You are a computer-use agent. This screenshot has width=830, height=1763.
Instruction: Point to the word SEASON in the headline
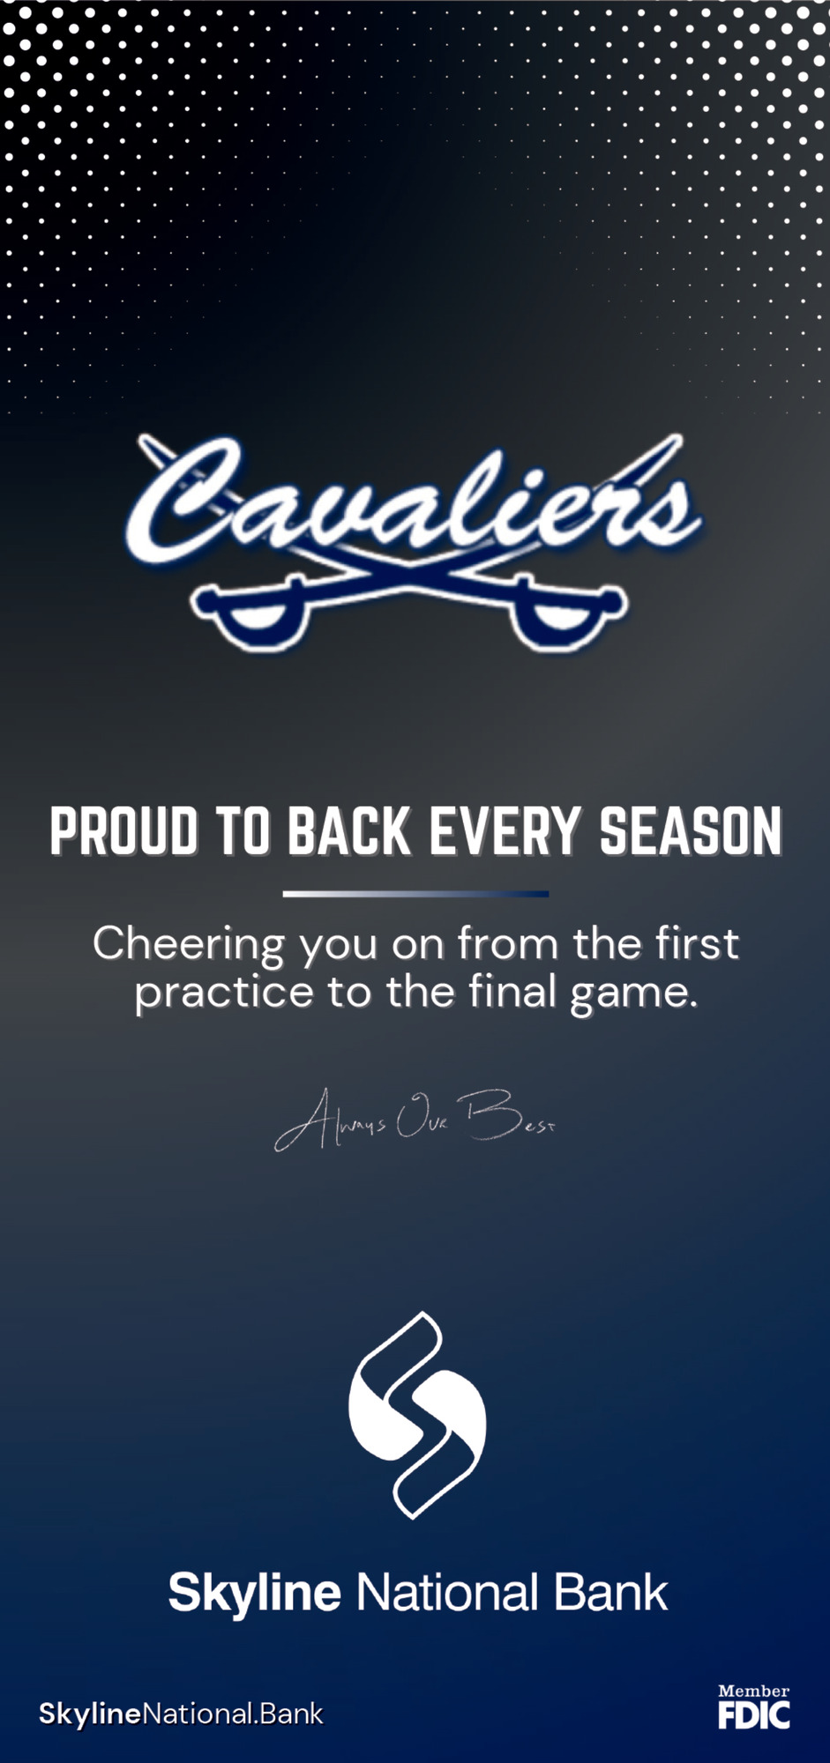pyautogui.click(x=691, y=831)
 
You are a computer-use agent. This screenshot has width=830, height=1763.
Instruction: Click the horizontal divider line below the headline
pyautogui.click(x=415, y=894)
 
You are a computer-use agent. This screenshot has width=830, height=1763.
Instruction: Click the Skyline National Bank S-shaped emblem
pyautogui.click(x=416, y=1414)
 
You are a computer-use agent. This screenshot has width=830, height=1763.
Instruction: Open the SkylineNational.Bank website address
pyautogui.click(x=181, y=1715)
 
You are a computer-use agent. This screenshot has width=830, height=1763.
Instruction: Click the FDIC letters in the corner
pyautogui.click(x=754, y=1715)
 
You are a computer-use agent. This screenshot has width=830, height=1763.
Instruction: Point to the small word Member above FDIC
pyautogui.click(x=754, y=1691)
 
